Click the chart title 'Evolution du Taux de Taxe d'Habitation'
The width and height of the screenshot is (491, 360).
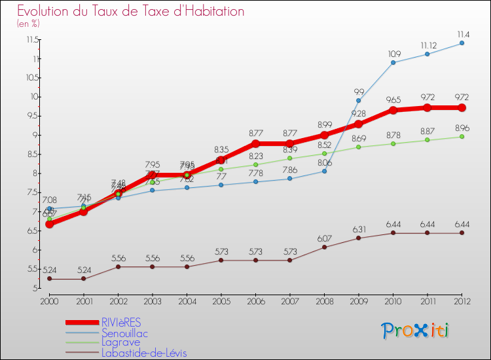(x=131, y=12)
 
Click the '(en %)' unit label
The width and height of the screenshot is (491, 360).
(x=29, y=24)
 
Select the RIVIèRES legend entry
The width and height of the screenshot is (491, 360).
(x=120, y=322)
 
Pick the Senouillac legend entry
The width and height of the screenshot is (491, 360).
(x=125, y=333)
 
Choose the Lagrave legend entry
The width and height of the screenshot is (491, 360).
(x=120, y=342)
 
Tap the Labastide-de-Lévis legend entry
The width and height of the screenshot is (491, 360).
(x=148, y=353)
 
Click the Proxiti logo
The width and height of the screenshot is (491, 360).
(x=416, y=331)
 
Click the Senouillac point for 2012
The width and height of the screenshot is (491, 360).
(x=462, y=43)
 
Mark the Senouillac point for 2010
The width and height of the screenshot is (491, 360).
(x=393, y=63)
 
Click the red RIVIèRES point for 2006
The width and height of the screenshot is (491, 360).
(x=255, y=143)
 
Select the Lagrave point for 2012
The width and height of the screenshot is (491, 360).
(x=462, y=136)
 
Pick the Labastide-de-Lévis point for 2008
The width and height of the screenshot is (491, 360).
(x=324, y=247)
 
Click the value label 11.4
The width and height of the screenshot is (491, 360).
(x=462, y=34)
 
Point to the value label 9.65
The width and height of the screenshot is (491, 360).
(x=393, y=100)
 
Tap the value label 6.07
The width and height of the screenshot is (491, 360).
(x=324, y=238)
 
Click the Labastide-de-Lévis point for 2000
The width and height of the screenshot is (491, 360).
(x=49, y=279)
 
